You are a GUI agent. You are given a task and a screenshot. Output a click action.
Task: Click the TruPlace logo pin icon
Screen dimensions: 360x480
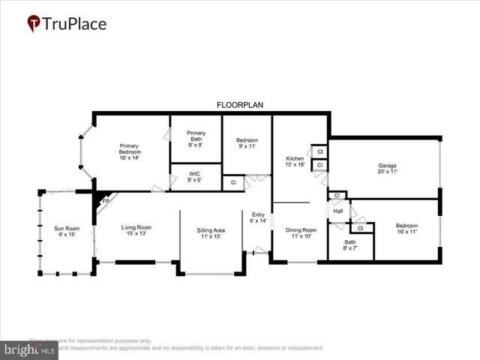[x=34, y=24]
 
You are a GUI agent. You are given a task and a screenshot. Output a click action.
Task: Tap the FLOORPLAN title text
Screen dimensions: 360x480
[x=240, y=105]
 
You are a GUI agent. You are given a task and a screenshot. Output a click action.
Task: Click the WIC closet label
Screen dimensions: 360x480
[x=194, y=176]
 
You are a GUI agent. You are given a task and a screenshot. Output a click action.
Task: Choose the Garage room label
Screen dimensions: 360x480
[x=387, y=169]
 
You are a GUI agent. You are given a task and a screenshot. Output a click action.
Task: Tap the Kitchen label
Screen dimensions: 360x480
[x=295, y=162]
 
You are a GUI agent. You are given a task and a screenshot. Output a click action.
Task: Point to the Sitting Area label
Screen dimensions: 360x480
[x=211, y=232]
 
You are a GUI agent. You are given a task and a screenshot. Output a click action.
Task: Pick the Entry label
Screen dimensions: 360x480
[x=258, y=217]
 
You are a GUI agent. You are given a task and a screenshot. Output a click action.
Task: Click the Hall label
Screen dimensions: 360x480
[x=338, y=211]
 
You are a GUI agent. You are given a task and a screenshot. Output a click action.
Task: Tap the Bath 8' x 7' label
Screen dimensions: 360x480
[x=350, y=245]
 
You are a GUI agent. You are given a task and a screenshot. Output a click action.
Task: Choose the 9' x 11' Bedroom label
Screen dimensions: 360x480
[x=247, y=143]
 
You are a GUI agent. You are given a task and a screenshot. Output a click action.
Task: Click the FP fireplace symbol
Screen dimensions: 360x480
[x=106, y=201]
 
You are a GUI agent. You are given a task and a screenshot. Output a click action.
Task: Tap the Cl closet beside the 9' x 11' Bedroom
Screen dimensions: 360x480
[x=233, y=182]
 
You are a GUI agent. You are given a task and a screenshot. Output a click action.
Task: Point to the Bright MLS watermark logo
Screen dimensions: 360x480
[x=30, y=349]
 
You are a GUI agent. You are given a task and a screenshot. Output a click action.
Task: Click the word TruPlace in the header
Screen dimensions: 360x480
[x=75, y=24]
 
